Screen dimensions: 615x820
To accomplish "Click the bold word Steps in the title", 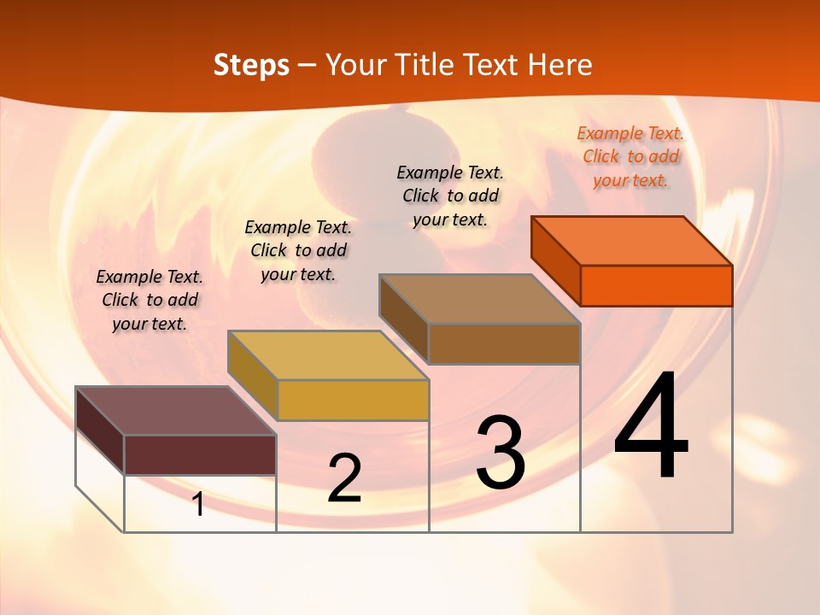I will [251, 65].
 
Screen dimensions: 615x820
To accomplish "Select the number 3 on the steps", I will [501, 454].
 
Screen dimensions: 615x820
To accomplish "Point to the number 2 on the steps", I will [344, 478].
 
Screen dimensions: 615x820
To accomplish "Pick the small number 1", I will [198, 504].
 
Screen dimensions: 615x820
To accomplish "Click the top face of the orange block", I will [632, 240].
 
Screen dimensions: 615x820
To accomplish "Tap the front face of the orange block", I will [656, 285].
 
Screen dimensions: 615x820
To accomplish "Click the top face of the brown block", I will [479, 299].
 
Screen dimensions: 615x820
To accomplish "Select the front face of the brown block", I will [504, 343].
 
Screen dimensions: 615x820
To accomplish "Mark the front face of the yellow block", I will [353, 400].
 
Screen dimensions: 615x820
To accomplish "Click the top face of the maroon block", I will [176, 411].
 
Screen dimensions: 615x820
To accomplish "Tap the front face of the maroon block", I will [200, 454].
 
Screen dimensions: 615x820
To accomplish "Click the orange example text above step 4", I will [630, 156].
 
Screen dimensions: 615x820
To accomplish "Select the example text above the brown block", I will [450, 196].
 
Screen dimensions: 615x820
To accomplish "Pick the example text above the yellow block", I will [298, 250].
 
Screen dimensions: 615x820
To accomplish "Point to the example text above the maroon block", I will [149, 300].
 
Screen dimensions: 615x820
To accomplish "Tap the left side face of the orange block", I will [555, 261].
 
